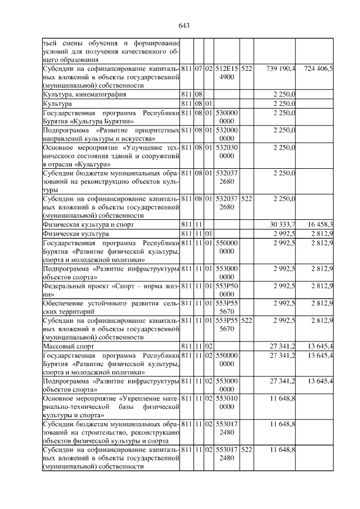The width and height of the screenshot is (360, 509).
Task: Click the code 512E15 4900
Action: click(227, 73)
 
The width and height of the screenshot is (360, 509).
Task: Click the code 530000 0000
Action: click(227, 116)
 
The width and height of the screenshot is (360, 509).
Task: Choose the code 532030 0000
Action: click(227, 151)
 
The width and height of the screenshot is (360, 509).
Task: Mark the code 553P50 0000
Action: click(227, 290)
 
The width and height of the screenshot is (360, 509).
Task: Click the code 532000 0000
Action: click(227, 134)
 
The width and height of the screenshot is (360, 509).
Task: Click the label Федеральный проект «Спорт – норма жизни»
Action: click(111, 290)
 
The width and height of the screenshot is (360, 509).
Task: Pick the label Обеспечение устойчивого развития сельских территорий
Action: click(111, 307)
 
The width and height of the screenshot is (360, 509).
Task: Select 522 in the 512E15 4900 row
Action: click(246, 69)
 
